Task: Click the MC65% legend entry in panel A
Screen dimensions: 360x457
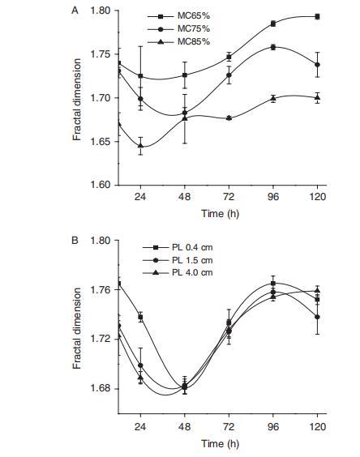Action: coord(178,16)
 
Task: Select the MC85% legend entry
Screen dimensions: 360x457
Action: coord(178,42)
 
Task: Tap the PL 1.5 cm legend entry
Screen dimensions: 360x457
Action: coord(178,260)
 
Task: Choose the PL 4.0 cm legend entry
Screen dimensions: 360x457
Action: coord(178,272)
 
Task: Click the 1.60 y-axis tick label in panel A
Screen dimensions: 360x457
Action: coord(101,185)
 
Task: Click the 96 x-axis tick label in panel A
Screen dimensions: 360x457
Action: coord(273,197)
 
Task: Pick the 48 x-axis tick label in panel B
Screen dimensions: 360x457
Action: coord(185,427)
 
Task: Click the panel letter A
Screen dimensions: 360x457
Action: coord(75,11)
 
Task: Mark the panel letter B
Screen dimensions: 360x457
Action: coord(75,241)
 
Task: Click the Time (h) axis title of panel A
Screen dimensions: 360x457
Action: coord(220,214)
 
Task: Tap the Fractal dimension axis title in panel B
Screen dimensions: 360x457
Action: coord(77,328)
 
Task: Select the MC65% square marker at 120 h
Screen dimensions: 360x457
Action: coord(317,17)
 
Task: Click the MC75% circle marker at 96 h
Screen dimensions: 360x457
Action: coord(273,47)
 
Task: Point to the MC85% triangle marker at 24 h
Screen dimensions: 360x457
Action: coord(140,145)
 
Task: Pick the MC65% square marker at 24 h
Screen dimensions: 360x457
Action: coord(140,76)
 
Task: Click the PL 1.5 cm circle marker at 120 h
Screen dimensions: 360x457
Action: coord(317,317)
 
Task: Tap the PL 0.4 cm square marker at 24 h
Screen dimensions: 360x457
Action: coord(140,317)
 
